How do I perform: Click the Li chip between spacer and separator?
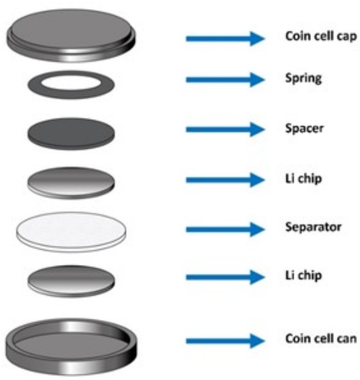pyautogui.click(x=71, y=182)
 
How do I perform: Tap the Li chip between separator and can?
pyautogui.click(x=71, y=280)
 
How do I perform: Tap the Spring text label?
pyautogui.click(x=303, y=79)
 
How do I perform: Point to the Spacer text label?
pyautogui.click(x=304, y=128)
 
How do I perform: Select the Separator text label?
pyautogui.click(x=313, y=227)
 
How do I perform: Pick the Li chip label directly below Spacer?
pyautogui.click(x=303, y=178)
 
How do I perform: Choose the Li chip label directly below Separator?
pyautogui.click(x=303, y=276)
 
